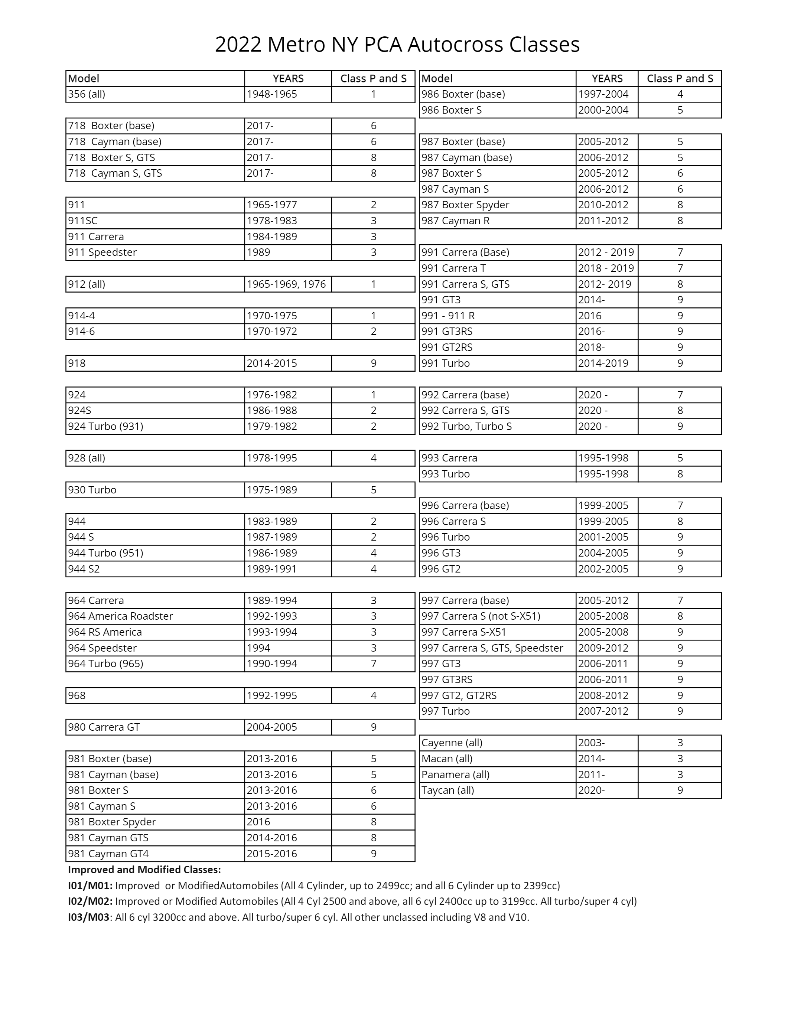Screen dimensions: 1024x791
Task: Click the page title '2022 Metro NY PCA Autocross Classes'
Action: [397, 45]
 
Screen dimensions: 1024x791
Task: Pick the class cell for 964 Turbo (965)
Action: [373, 664]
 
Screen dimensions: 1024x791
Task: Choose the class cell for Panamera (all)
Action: [680, 774]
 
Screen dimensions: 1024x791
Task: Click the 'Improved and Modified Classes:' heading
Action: [144, 870]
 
